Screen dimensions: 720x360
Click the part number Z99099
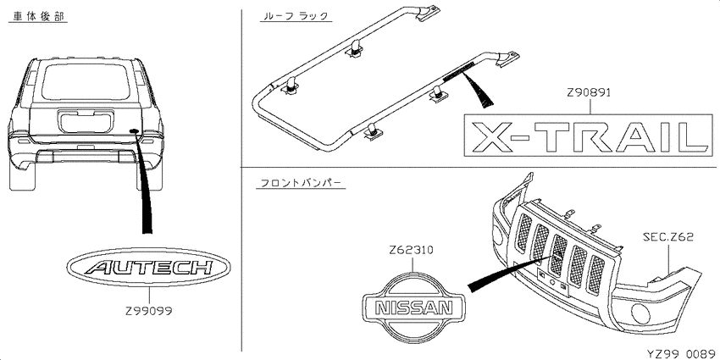click(x=149, y=311)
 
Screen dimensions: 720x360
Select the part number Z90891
click(x=589, y=92)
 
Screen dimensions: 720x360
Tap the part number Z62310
click(x=411, y=251)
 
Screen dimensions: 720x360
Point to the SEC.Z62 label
click(x=667, y=237)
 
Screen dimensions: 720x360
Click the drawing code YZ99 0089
click(x=681, y=353)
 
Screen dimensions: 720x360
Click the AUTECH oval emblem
click(x=149, y=267)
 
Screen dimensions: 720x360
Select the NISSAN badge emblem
click(x=413, y=307)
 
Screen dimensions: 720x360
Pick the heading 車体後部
click(x=37, y=17)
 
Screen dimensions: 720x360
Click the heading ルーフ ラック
click(x=294, y=17)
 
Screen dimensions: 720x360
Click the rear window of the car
click(x=85, y=81)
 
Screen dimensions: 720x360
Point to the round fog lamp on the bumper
click(x=641, y=314)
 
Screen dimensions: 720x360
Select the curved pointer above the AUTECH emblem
click(x=145, y=184)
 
